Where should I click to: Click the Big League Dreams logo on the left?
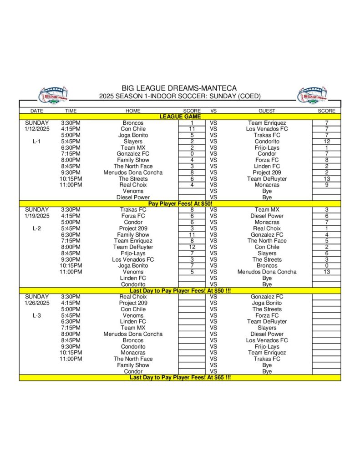(x=53, y=94)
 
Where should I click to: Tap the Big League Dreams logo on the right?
(x=312, y=94)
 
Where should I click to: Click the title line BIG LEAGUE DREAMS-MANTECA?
(x=179, y=88)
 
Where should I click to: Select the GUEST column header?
(x=267, y=111)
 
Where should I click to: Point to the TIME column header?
(x=71, y=111)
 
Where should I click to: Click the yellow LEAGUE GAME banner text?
(x=179, y=116)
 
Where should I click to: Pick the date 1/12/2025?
(x=37, y=129)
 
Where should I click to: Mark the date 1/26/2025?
(x=37, y=303)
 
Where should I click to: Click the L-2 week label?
(x=37, y=228)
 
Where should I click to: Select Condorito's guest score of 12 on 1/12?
(x=326, y=142)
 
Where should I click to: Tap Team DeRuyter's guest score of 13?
(x=326, y=179)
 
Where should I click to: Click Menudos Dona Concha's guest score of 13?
(x=326, y=272)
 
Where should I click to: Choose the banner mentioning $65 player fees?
(x=179, y=377)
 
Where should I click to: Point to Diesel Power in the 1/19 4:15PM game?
(x=267, y=216)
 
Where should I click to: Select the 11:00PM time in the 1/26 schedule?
(x=71, y=359)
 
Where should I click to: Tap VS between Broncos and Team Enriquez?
(x=213, y=123)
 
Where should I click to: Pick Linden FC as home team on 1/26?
(x=133, y=321)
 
